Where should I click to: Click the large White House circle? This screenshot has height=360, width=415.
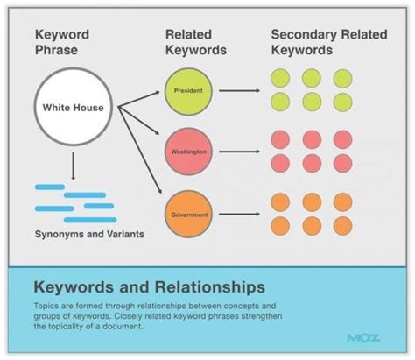(74, 108)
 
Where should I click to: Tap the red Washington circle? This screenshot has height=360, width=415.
(190, 151)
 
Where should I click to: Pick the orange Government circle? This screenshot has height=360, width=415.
(190, 212)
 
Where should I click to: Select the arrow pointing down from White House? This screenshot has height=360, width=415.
(74, 165)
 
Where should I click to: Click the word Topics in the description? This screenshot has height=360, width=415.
(48, 304)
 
